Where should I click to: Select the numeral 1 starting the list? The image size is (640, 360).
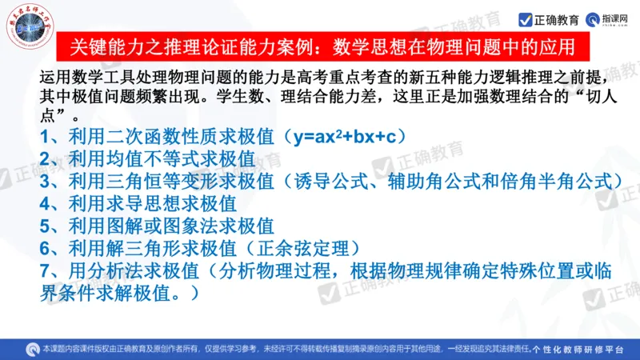[46, 137]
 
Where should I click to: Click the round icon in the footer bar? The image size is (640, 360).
[32, 349]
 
